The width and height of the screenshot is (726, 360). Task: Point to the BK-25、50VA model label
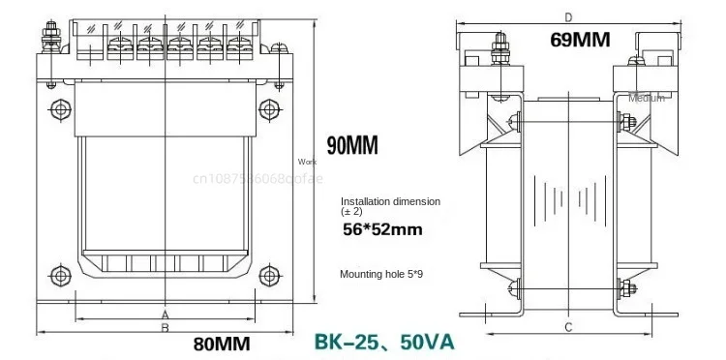click(x=383, y=342)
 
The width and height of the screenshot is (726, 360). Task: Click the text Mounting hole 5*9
click(x=380, y=275)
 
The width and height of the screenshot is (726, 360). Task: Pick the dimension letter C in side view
click(x=569, y=325)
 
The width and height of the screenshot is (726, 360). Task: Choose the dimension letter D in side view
click(x=568, y=16)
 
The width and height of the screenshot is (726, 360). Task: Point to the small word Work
click(x=307, y=162)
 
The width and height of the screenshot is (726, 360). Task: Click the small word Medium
click(x=646, y=98)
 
